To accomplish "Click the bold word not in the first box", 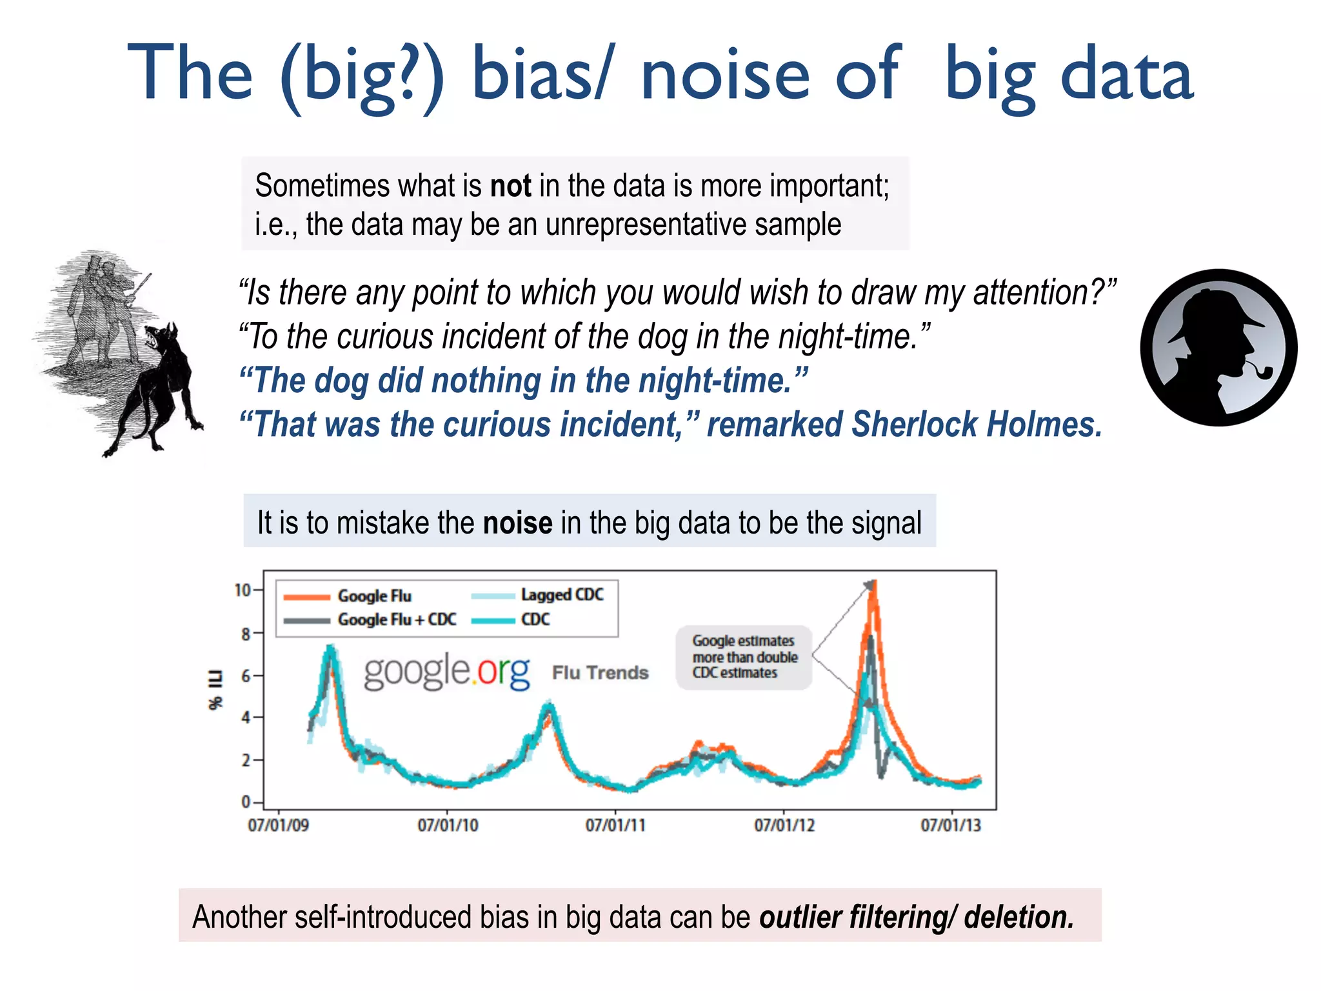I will click(510, 186).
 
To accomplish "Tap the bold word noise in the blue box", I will click(517, 523).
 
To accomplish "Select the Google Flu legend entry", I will click(374, 596).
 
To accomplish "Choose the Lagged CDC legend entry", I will click(562, 594).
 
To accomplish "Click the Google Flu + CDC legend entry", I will click(396, 619).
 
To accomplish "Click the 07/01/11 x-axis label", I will click(615, 825).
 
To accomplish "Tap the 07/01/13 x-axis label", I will click(951, 825).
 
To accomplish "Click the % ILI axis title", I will click(215, 689).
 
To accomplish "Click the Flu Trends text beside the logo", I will click(600, 672).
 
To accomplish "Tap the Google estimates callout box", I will click(744, 657).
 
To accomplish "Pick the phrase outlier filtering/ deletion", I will click(916, 917).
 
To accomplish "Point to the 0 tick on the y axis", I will click(246, 802).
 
